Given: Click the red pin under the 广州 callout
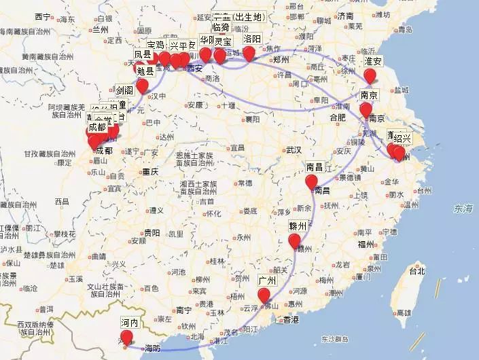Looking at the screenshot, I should [264, 295].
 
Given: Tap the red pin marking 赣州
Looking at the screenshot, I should [294, 241].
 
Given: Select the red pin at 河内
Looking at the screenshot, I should [126, 338].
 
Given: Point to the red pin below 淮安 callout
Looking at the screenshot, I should [370, 76].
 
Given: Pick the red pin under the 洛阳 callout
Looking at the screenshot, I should [249, 53].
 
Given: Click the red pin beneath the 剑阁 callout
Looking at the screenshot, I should [142, 86].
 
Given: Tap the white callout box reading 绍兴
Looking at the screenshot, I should [402, 139].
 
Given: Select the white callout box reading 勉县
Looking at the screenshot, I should [145, 71].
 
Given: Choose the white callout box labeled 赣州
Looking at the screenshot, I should [298, 226].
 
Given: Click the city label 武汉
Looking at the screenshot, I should [294, 149].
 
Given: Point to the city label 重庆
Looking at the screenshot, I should [149, 172].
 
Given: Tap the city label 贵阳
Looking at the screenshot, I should [152, 232].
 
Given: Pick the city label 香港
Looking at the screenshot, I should [291, 319].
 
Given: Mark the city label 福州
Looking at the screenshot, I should [384, 244].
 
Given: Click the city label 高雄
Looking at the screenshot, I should [403, 312].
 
